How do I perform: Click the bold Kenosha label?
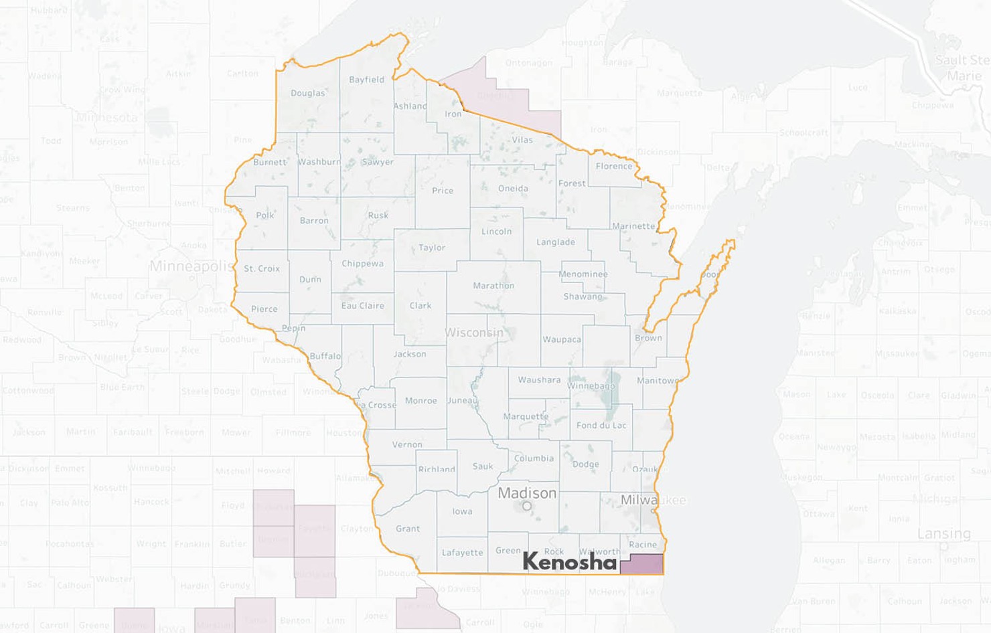coord(569,561)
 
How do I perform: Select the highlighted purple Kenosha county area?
coord(641,564)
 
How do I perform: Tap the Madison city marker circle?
coord(527,507)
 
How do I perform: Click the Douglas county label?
coord(307,93)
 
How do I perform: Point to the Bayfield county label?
coord(366,80)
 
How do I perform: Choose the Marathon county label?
coord(493,286)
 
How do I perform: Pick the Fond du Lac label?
coord(601,425)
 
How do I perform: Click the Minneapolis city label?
coord(192,266)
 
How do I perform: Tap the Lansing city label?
coord(943,533)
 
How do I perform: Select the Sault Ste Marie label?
coord(963,68)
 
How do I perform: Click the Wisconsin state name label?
coord(474,333)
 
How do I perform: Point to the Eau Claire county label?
coord(362,306)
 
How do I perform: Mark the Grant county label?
coord(408,529)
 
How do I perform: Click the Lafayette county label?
coord(462,553)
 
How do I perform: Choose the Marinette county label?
coord(633,226)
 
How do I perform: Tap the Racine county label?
coord(643,545)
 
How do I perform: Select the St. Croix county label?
coord(262,268)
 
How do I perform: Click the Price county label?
coord(443,191)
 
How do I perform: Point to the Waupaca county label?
coord(562,339)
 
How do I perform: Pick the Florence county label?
coord(614,166)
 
